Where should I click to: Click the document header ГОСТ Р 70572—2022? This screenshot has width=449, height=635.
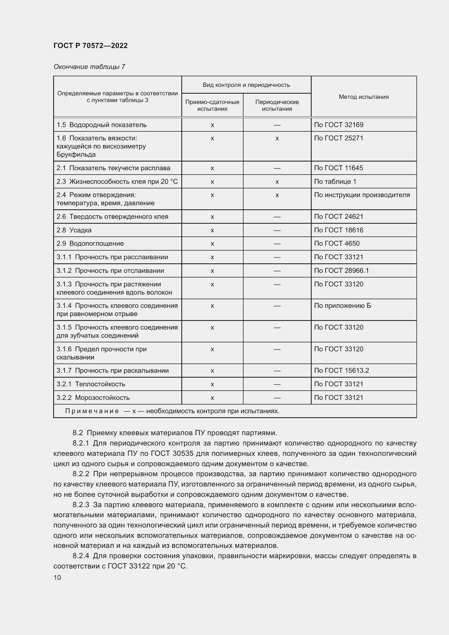tap(90, 46)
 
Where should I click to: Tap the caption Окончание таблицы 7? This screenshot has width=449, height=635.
tap(89, 67)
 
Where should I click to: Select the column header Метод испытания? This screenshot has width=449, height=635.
tap(363, 97)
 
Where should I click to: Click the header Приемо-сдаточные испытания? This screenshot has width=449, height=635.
tap(212, 105)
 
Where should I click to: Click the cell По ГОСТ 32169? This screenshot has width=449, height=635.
tap(339, 125)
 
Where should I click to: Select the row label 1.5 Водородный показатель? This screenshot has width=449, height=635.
tap(102, 125)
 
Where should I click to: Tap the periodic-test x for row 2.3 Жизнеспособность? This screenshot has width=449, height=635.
tap(277, 182)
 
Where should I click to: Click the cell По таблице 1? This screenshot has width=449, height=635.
tap(335, 181)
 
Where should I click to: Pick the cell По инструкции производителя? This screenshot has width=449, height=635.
tap(362, 195)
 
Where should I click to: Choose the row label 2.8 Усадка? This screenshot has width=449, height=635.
tap(74, 230)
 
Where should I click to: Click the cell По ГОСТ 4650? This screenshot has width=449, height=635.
tap(337, 243)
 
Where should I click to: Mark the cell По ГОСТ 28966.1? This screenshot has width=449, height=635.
tap(342, 270)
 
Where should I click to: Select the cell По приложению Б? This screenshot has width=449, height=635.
tap(342, 306)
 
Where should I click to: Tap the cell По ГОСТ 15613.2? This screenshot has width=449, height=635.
tap(342, 370)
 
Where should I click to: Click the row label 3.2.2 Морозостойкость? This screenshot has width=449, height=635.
tap(93, 397)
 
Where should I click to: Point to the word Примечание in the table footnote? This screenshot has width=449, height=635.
tap(92, 411)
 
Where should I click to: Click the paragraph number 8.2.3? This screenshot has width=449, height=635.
tap(81, 505)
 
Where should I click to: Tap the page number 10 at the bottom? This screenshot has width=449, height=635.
tap(57, 577)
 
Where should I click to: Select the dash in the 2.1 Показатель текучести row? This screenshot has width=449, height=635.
tap(277, 168)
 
